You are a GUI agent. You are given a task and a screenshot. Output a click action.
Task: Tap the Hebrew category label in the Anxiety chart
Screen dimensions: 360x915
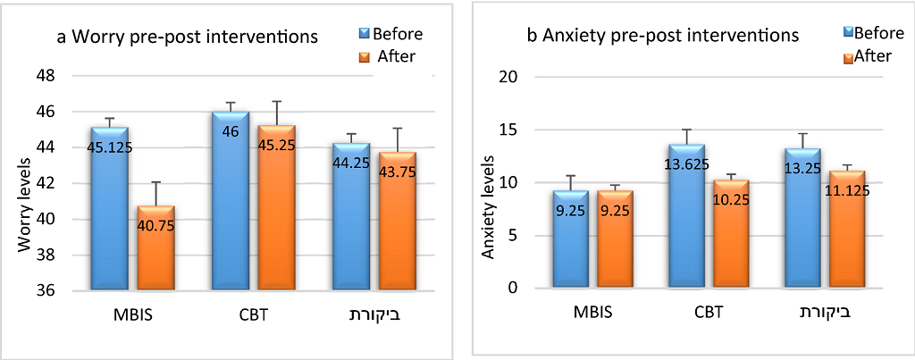pyautogui.click(x=821, y=314)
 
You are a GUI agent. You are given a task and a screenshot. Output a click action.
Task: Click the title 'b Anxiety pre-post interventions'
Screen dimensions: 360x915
pyautogui.click(x=661, y=37)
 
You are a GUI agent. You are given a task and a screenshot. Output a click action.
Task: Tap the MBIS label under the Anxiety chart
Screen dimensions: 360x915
pyautogui.click(x=592, y=314)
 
